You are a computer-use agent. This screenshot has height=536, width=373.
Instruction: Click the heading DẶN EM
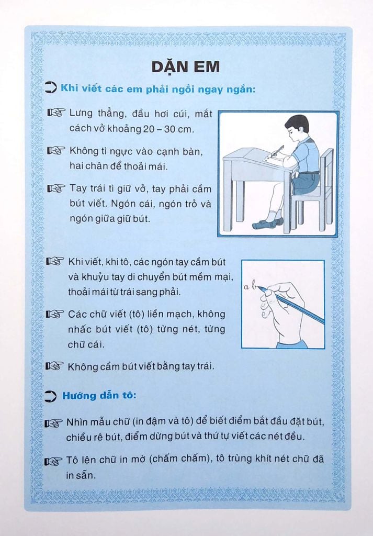[x=186, y=67]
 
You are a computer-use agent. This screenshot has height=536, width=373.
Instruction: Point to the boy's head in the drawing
[x=297, y=129]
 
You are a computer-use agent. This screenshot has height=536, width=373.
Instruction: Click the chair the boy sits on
[x=317, y=194]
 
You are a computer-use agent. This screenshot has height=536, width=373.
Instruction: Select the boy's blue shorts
[x=306, y=182]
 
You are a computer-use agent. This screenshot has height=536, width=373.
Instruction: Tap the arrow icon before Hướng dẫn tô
[x=51, y=396]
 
